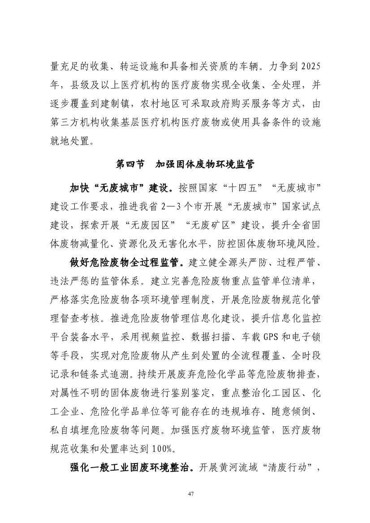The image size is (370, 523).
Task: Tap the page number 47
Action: (191, 493)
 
